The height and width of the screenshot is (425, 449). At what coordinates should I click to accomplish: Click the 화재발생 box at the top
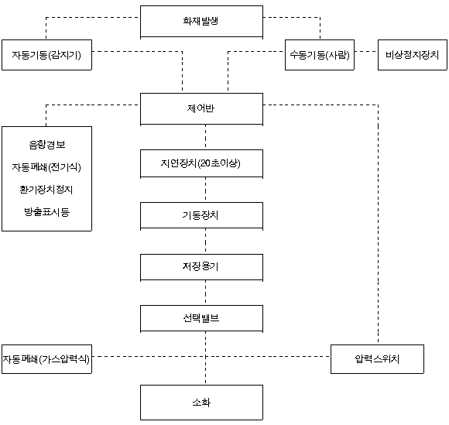tap(201, 22)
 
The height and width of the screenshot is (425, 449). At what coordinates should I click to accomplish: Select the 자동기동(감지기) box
tap(46, 55)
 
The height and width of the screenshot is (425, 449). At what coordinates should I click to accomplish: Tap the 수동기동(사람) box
tap(320, 55)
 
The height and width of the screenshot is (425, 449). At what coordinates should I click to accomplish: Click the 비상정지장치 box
tap(413, 55)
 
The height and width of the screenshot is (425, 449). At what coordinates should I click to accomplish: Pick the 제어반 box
tap(201, 109)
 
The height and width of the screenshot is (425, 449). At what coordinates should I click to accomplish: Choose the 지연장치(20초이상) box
tap(201, 163)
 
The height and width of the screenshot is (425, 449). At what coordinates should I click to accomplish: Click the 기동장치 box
tap(201, 215)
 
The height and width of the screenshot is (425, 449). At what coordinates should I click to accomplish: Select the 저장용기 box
tap(201, 267)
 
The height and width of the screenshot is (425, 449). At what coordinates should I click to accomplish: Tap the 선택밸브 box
tap(201, 318)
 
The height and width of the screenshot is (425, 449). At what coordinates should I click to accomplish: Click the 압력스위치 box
tap(377, 359)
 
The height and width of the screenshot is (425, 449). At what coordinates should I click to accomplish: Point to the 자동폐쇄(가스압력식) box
tap(46, 359)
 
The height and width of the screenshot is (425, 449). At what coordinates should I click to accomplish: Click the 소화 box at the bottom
tap(201, 403)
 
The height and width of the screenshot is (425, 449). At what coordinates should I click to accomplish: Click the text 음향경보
tap(47, 145)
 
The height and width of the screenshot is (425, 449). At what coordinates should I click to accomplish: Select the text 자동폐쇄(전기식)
tap(46, 167)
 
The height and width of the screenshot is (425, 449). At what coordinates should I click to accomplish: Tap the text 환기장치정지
tap(46, 190)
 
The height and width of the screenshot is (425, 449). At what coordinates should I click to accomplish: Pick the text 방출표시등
tap(47, 212)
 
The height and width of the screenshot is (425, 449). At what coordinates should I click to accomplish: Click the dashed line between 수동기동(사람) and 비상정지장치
tap(366, 52)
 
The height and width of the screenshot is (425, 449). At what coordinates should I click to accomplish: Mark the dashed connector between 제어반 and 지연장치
tap(205, 137)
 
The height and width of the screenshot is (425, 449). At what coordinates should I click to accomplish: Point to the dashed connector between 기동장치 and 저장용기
tap(205, 242)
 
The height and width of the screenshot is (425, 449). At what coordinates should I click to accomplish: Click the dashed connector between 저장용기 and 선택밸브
tap(205, 293)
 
